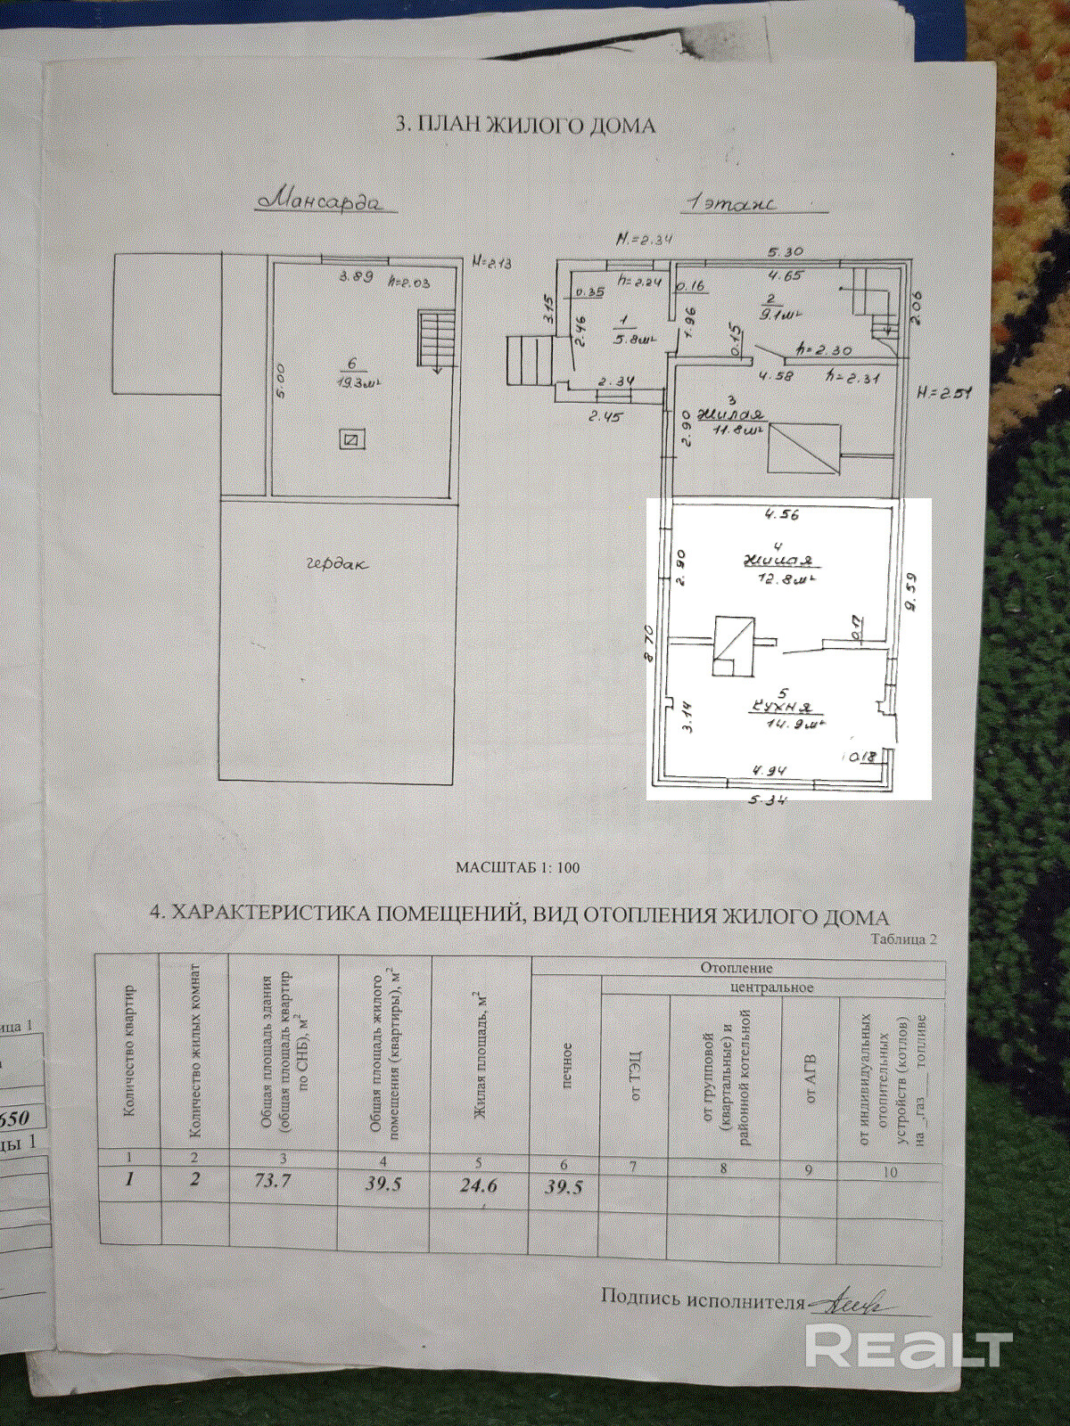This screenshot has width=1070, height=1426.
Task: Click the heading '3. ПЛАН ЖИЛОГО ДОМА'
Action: pos(525,125)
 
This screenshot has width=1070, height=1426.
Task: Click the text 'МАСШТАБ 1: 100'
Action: pos(517,866)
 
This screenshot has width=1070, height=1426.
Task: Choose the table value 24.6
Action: pos(480,1185)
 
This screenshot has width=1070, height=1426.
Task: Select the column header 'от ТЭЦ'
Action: pos(636,1076)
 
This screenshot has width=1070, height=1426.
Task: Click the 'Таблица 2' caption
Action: pos(904,938)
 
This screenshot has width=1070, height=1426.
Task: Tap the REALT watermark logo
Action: pos(909,1343)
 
